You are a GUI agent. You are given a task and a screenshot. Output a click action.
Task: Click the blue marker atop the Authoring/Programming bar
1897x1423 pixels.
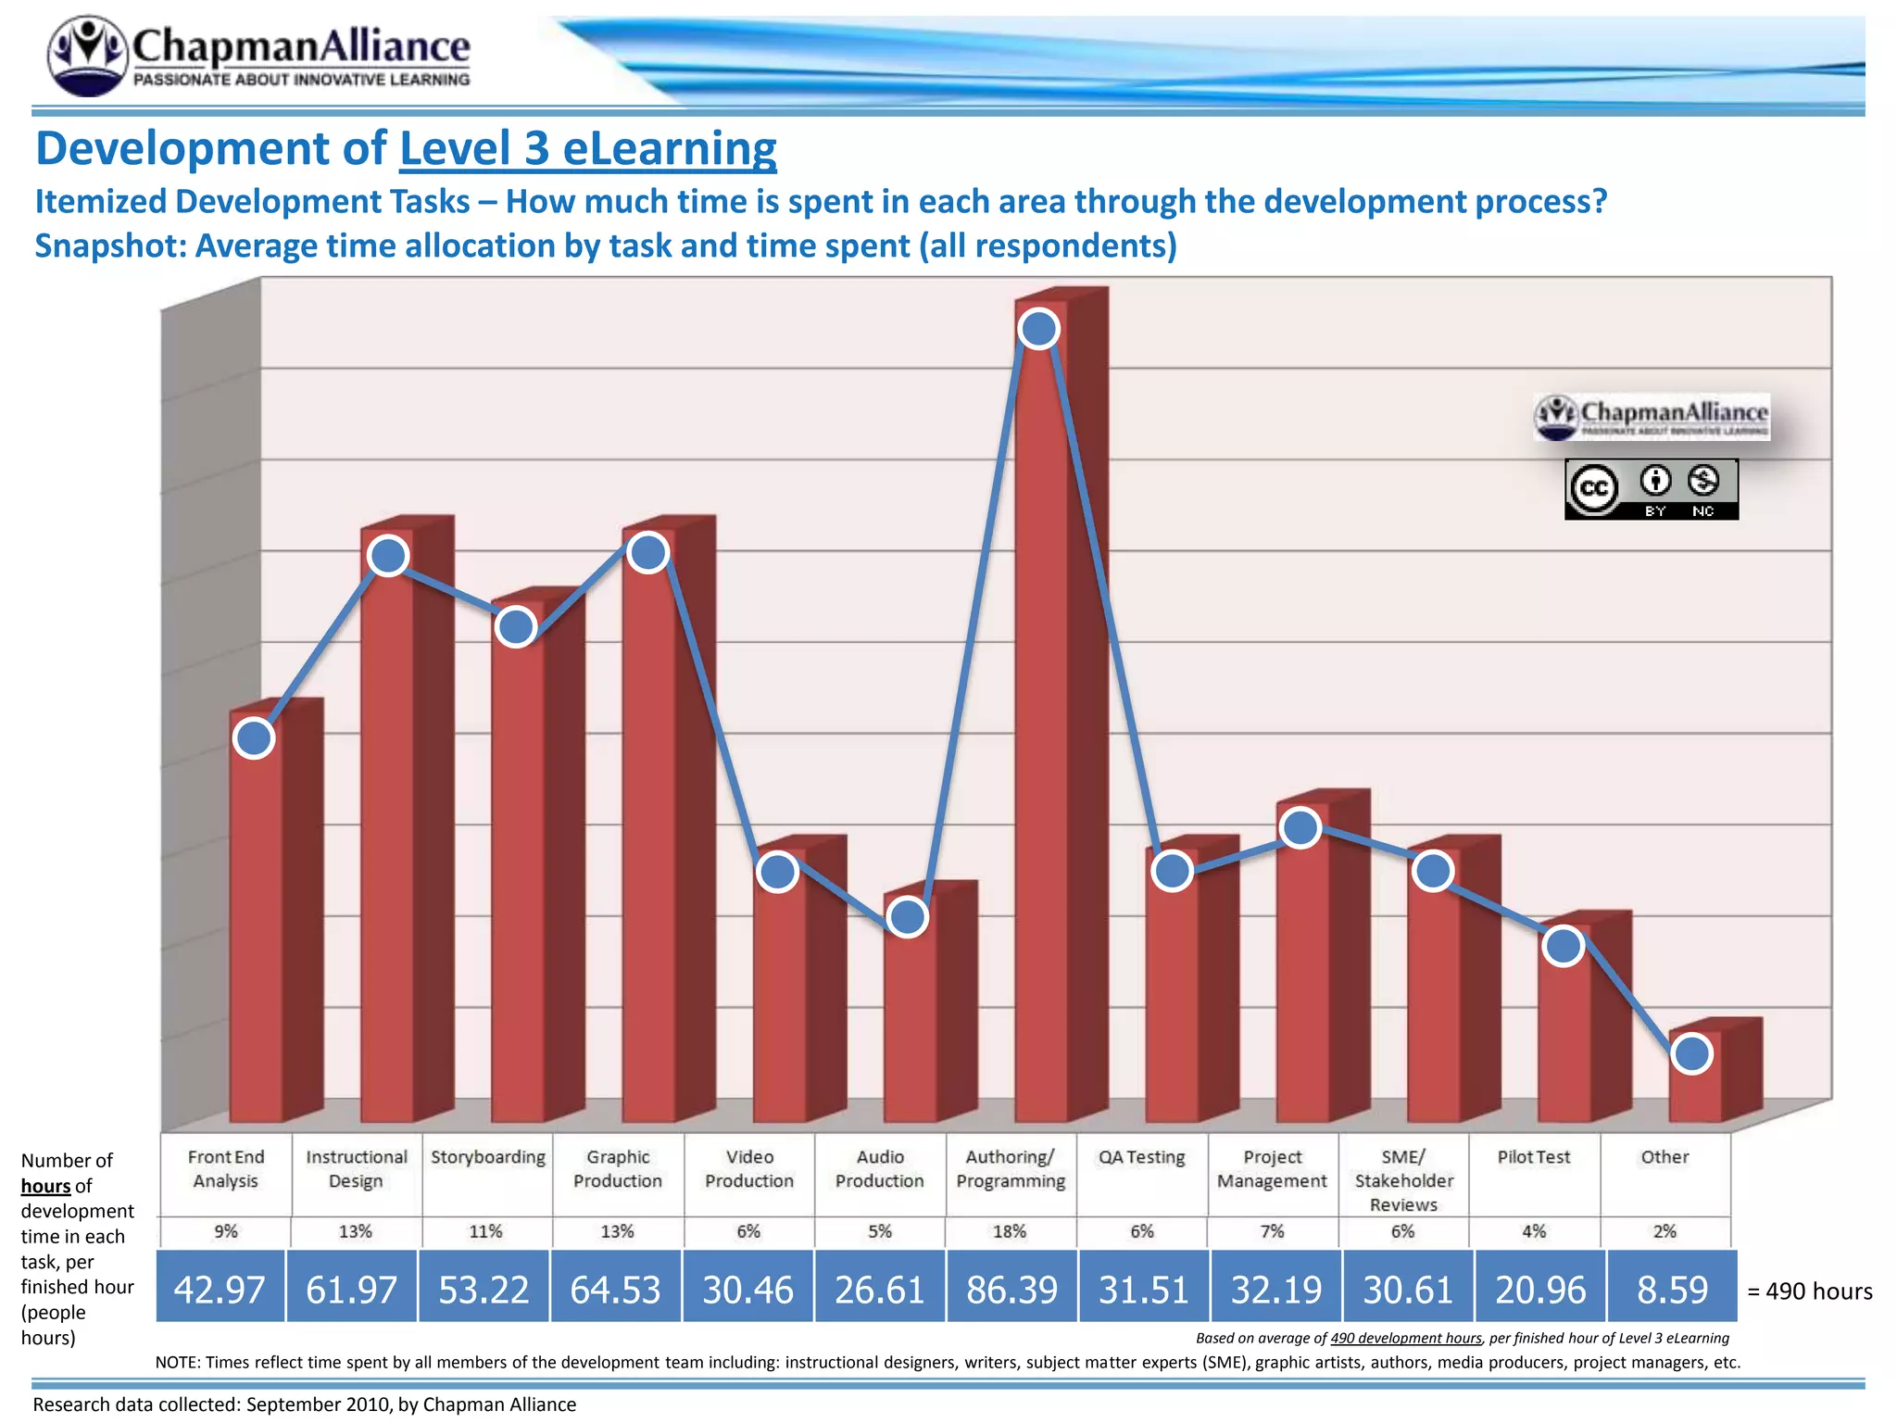coord(1038,329)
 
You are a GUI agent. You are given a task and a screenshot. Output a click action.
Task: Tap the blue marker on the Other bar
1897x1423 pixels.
coord(1692,1053)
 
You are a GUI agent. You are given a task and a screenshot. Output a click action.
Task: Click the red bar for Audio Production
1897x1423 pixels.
coord(911,1019)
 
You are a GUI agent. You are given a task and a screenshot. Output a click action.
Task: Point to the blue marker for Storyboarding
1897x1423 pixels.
coord(516,627)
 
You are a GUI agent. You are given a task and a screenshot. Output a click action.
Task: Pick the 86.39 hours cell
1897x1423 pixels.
coord(1011,1289)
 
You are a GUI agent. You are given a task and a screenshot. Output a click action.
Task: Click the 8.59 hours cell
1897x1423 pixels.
coord(1672,1289)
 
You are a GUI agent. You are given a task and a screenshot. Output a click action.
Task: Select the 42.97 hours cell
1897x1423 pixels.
coord(220,1289)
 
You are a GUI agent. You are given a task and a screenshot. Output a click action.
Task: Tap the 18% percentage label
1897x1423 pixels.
coord(1010,1231)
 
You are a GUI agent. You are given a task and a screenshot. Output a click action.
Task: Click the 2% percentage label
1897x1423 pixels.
coord(1665,1231)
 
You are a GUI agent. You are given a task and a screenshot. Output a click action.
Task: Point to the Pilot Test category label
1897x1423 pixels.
coord(1534,1157)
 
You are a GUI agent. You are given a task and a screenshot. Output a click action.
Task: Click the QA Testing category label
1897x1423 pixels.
coord(1141,1157)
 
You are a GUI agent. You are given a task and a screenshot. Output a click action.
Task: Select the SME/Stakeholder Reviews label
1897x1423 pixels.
coord(1403,1180)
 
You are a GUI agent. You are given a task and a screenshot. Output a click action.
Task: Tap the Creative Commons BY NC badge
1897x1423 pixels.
coord(1651,489)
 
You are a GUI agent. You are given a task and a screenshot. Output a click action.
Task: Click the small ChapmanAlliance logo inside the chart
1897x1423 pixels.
coord(1651,417)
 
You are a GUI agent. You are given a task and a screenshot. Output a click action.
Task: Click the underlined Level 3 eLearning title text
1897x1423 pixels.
coord(587,149)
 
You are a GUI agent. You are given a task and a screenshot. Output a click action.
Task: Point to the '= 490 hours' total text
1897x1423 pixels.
coord(1809,1291)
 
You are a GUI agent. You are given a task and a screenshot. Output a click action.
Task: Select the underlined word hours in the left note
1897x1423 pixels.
coord(45,1186)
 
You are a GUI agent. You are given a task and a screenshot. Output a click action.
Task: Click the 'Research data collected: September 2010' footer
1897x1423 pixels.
coord(304,1404)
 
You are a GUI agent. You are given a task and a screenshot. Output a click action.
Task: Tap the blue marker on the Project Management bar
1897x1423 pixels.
coord(1300,827)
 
